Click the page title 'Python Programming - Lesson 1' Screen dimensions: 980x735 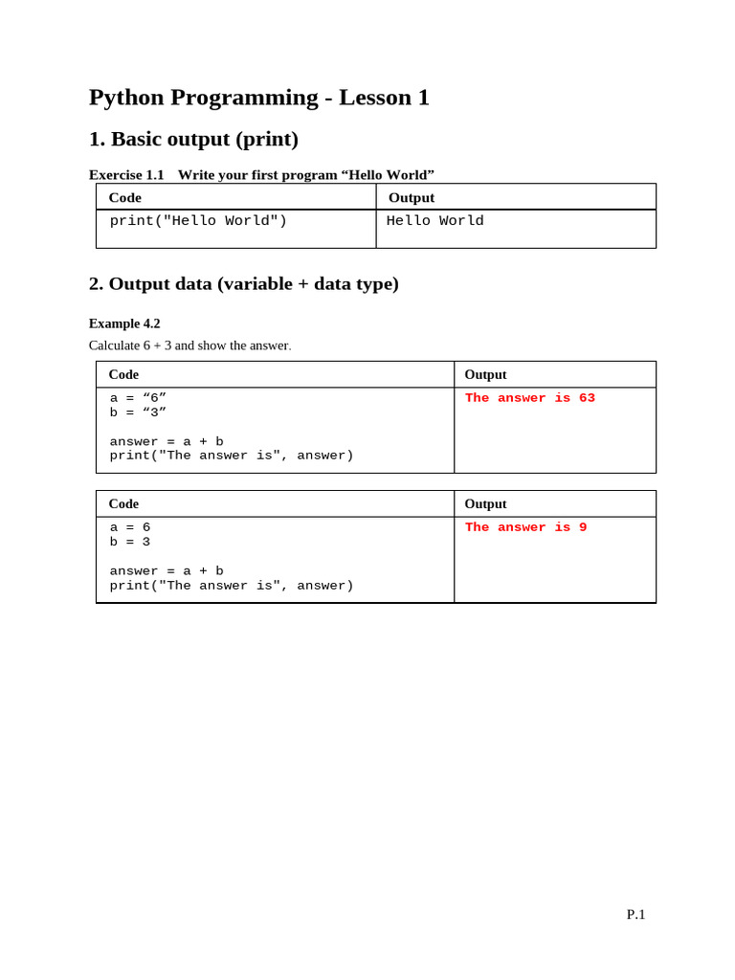click(x=258, y=98)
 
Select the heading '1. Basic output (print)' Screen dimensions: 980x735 click(x=193, y=140)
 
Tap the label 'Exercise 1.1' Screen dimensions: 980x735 click(x=126, y=174)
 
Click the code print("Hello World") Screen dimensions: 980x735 click(x=198, y=221)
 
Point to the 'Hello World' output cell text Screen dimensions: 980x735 click(x=434, y=221)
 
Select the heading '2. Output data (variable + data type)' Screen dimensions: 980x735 click(x=243, y=283)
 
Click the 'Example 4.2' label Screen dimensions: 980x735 click(x=124, y=323)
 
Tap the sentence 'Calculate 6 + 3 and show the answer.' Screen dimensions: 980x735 click(x=189, y=345)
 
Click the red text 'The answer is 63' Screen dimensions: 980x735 click(x=529, y=398)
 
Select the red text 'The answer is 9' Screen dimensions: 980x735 click(x=525, y=527)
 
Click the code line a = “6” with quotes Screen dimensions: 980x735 click(x=138, y=398)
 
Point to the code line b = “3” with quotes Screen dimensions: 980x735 click(x=138, y=412)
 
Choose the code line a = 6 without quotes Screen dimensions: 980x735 click(x=130, y=527)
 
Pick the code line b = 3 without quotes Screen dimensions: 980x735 click(x=130, y=542)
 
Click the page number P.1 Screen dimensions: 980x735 click(x=635, y=915)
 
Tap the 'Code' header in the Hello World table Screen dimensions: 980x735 click(x=125, y=197)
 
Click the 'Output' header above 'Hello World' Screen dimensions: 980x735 click(x=412, y=197)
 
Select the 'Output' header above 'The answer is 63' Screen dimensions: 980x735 click(x=485, y=374)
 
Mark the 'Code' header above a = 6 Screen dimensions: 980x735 click(x=123, y=503)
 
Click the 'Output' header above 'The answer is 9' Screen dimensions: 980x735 click(x=485, y=503)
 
